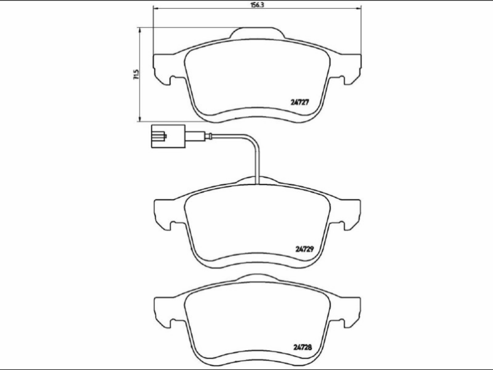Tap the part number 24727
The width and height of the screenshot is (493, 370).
(x=300, y=102)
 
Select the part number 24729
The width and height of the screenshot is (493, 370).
(x=305, y=249)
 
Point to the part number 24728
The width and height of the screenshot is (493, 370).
(x=303, y=347)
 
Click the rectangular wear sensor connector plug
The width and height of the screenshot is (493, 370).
(x=168, y=136)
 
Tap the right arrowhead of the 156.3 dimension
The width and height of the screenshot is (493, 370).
(x=359, y=8)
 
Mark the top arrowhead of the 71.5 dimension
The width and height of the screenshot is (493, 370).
(x=139, y=30)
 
